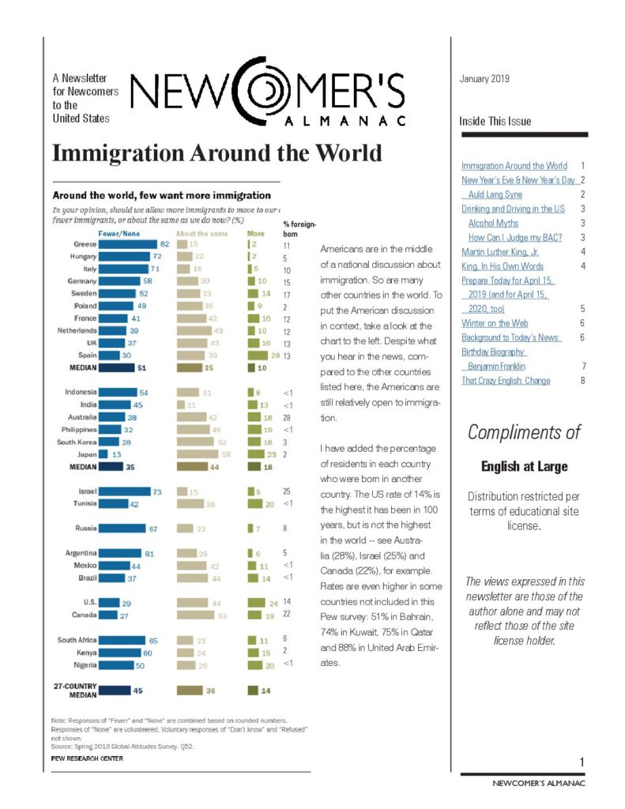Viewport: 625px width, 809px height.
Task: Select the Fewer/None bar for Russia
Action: click(x=122, y=528)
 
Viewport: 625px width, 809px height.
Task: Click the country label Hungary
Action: click(x=81, y=257)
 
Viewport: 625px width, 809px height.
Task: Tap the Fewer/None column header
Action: click(x=119, y=234)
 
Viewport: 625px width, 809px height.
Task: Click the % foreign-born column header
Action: click(x=296, y=229)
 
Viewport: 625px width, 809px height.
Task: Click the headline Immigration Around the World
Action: click(x=216, y=152)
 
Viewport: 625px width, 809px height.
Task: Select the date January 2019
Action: click(x=484, y=79)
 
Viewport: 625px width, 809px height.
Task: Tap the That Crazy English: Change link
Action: click(x=506, y=380)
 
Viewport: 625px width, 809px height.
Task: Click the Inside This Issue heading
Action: click(x=495, y=122)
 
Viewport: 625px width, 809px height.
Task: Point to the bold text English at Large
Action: click(x=524, y=467)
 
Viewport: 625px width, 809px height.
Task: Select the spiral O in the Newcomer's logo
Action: click(x=267, y=89)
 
